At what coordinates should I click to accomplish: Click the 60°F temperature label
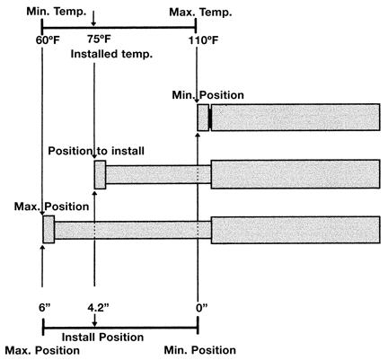[x=48, y=40]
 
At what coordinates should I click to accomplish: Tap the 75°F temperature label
[x=99, y=39]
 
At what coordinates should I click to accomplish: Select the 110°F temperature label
[x=203, y=40]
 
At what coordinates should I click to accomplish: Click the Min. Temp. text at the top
[x=57, y=12]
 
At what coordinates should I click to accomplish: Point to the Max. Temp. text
[x=200, y=13]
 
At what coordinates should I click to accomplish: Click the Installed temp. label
[x=111, y=54]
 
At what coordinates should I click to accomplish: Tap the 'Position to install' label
[x=96, y=151]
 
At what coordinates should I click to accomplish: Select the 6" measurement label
[x=46, y=308]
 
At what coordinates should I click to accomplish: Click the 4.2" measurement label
[x=98, y=308]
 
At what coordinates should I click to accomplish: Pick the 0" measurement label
[x=202, y=308]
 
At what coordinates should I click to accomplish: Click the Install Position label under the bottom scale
[x=102, y=338]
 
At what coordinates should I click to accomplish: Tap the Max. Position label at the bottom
[x=42, y=350]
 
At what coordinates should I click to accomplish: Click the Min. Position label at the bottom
[x=200, y=350]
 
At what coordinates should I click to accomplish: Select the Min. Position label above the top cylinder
[x=207, y=95]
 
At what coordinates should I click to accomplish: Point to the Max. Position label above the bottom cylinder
[x=51, y=206]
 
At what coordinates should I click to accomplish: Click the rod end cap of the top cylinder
[x=203, y=118]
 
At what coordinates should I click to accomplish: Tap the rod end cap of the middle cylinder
[x=100, y=175]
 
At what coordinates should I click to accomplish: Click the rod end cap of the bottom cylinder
[x=48, y=229]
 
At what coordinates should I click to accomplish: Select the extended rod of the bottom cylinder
[x=133, y=230]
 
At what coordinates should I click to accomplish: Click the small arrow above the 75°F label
[x=94, y=19]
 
